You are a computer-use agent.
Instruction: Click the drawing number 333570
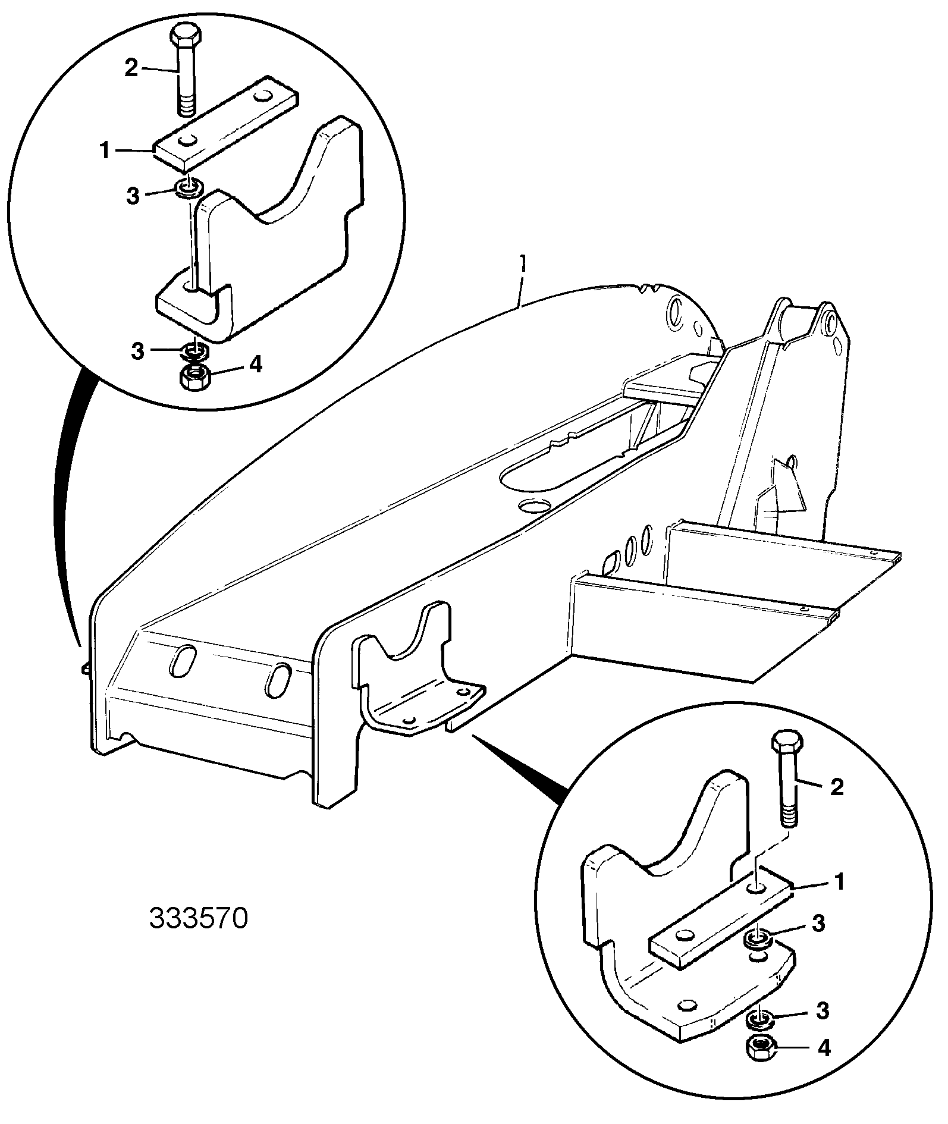click(x=197, y=918)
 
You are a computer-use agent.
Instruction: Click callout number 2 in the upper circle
click(x=131, y=68)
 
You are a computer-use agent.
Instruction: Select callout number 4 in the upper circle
click(x=255, y=364)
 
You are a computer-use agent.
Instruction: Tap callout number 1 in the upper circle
click(x=105, y=151)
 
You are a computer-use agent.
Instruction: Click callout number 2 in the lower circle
click(x=836, y=787)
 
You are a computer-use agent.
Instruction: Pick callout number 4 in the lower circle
click(x=823, y=1048)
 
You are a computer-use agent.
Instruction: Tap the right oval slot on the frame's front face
click(x=278, y=679)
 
